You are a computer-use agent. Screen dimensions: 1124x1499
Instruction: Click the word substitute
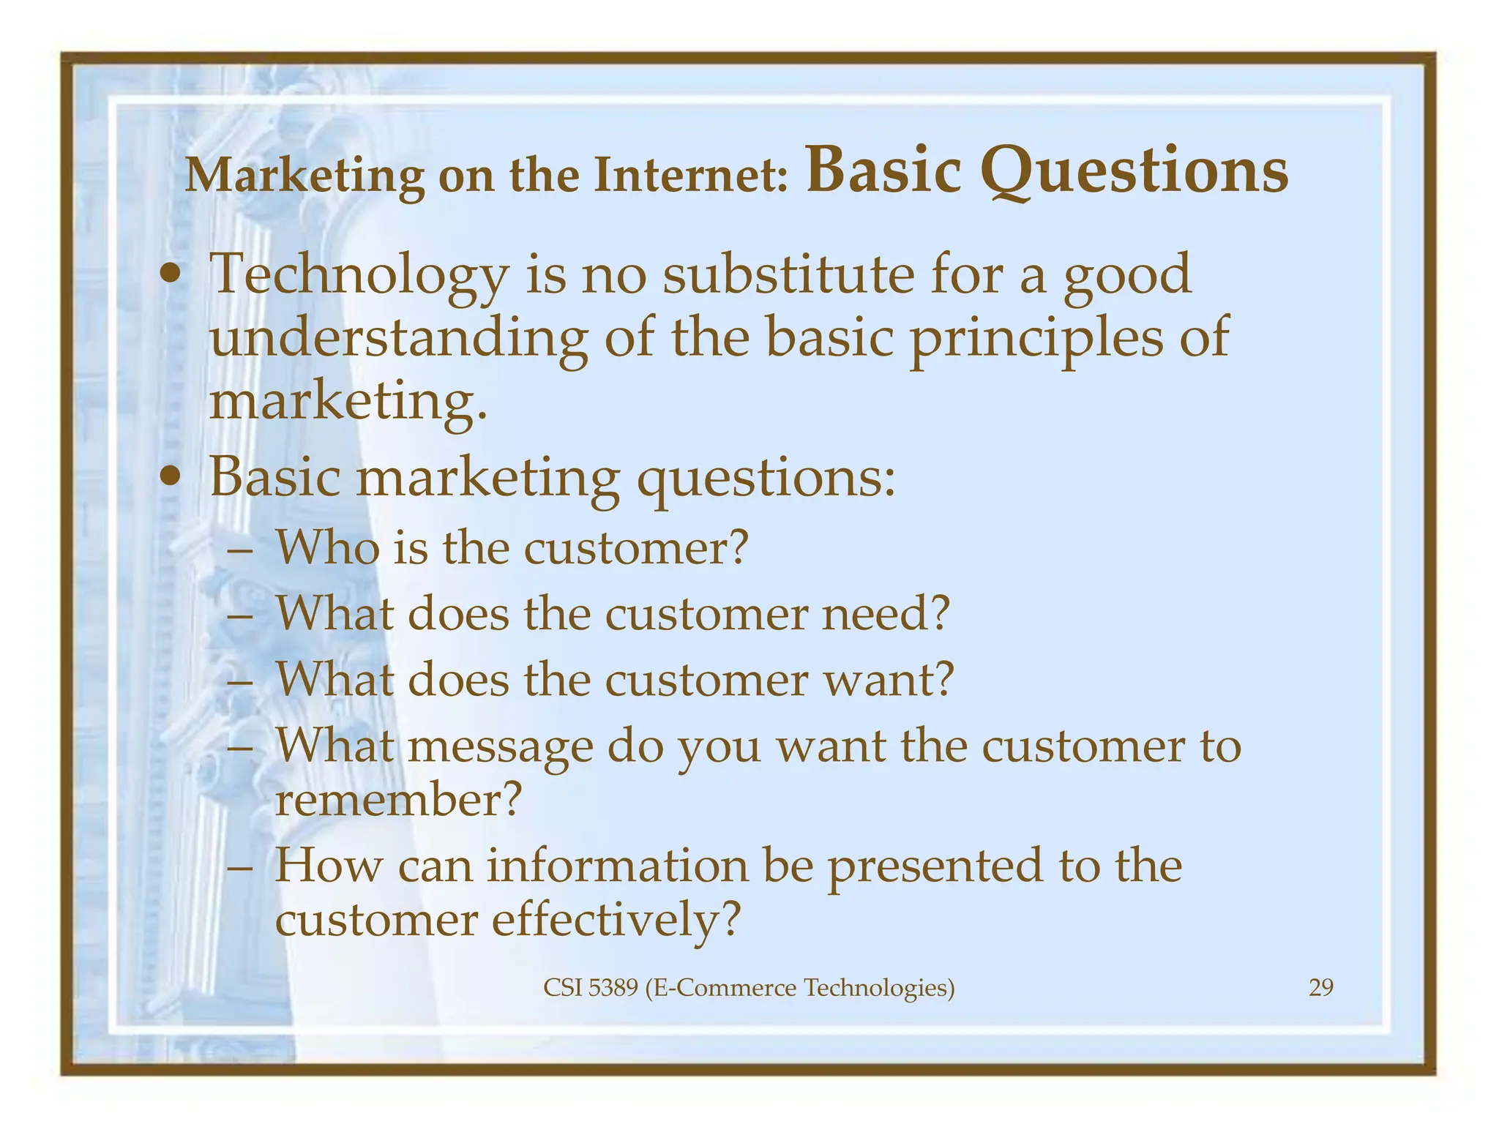point(788,274)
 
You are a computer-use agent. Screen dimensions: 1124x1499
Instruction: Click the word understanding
point(399,338)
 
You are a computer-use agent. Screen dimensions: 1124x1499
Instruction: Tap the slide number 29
point(1320,988)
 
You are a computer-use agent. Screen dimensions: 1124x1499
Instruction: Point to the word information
point(617,865)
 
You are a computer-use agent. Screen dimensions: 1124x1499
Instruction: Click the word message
point(500,748)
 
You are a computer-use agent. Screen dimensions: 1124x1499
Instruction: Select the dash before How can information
point(240,868)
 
